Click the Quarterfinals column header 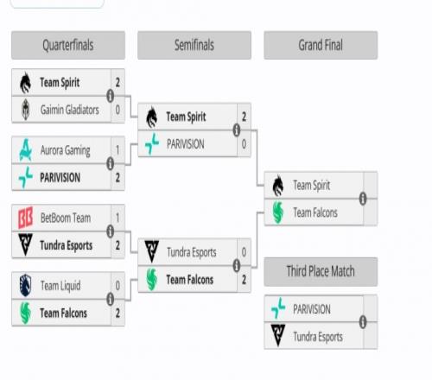click(x=68, y=45)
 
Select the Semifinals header click(x=194, y=45)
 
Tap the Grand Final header click(x=321, y=45)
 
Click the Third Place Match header click(x=321, y=271)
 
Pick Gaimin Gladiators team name click(x=70, y=110)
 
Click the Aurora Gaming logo click(x=26, y=150)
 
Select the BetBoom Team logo click(x=25, y=218)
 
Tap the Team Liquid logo click(x=25, y=285)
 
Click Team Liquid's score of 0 click(x=118, y=286)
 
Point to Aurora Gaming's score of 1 click(x=118, y=150)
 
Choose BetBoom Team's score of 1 click(x=118, y=218)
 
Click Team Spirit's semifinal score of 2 click(x=244, y=117)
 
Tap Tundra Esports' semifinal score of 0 click(x=244, y=252)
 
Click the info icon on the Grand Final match click(x=363, y=199)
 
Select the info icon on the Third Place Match click(x=363, y=322)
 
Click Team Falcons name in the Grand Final click(x=315, y=212)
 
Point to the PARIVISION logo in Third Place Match click(x=278, y=308)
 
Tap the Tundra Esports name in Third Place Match click(x=318, y=337)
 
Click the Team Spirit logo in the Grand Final click(x=278, y=186)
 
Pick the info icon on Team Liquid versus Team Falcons click(x=110, y=299)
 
